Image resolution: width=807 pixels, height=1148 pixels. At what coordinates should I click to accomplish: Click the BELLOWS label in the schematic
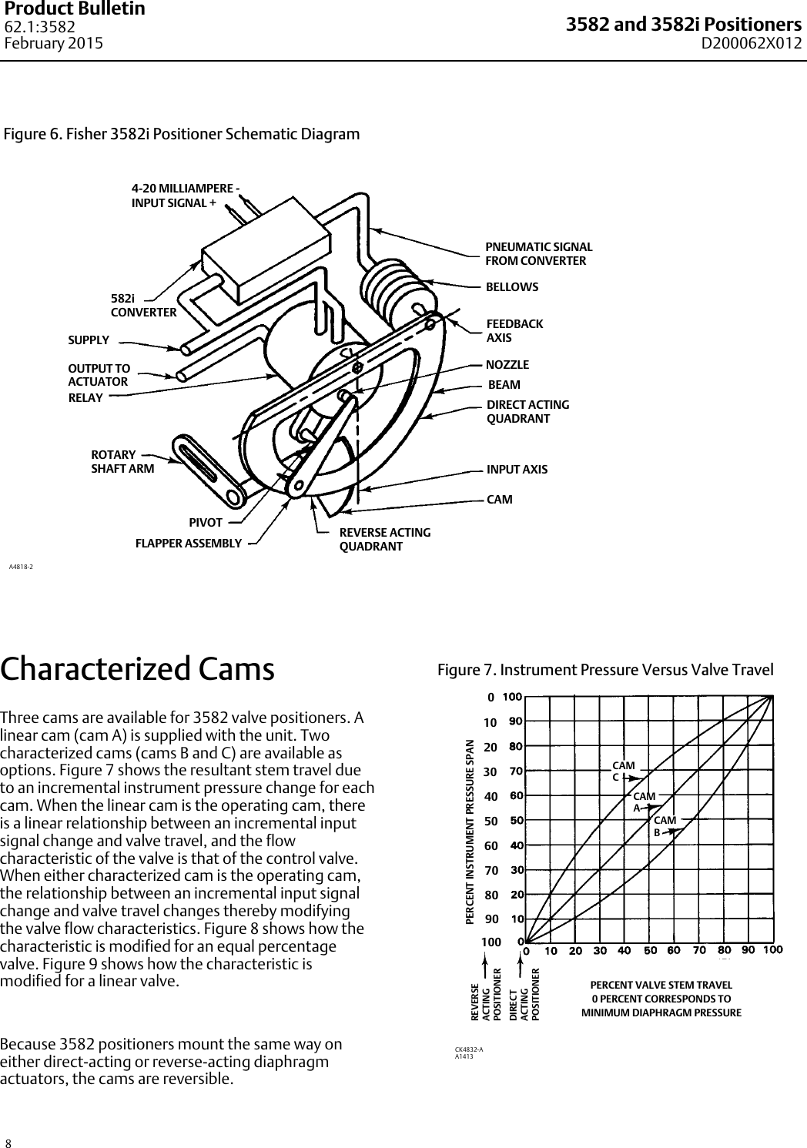coord(512,287)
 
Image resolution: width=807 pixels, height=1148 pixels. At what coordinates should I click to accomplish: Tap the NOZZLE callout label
coord(507,364)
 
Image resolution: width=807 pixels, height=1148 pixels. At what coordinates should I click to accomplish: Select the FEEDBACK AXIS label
coord(514,330)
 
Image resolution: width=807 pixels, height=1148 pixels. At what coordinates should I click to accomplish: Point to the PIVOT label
coord(206,524)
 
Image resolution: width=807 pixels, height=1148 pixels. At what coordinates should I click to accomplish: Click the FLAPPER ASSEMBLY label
coord(189,543)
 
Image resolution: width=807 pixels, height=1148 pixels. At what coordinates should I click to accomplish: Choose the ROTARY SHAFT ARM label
coord(122,461)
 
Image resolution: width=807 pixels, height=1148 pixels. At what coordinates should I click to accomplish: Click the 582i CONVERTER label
coord(143,305)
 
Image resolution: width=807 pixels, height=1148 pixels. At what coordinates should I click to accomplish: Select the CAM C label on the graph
coord(623,771)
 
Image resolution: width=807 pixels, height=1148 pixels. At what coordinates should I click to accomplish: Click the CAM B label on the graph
coord(665,826)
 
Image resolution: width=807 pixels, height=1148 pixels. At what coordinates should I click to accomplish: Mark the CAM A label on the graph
coord(643,801)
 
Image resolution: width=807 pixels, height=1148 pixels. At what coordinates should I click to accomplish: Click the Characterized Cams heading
coord(138,669)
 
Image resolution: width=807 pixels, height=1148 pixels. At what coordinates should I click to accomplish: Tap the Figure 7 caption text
coord(605,670)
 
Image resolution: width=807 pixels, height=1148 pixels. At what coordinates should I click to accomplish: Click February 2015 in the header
coord(54,43)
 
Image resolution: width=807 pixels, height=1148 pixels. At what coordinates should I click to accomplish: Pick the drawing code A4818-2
coord(21,567)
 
